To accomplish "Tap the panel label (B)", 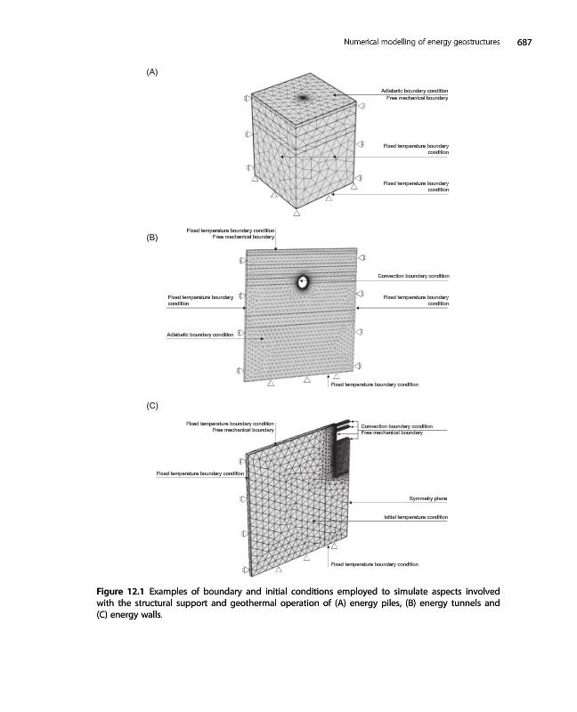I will point(151,239).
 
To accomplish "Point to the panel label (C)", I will point(151,405).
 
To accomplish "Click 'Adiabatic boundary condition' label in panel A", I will point(414,91).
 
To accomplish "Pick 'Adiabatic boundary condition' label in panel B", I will point(199,335).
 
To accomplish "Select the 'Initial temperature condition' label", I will point(415,516).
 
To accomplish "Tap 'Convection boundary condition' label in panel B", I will point(413,276).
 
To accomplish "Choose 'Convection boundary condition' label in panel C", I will point(396,426).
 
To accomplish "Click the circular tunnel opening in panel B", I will point(303,282).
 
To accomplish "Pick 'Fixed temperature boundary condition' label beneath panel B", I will point(374,384).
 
